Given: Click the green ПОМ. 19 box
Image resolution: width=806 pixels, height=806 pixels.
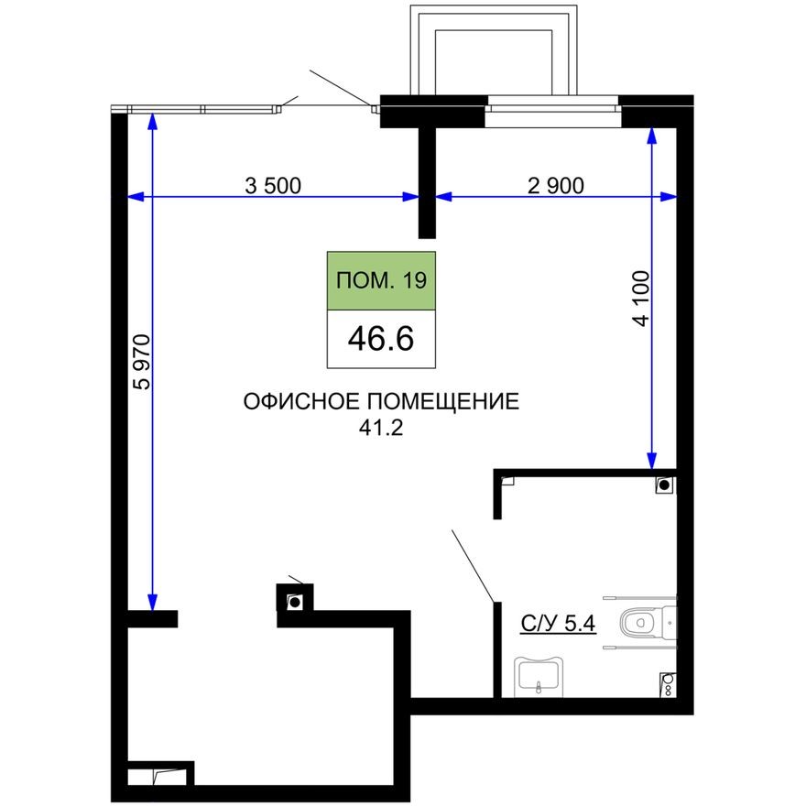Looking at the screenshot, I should pyautogui.click(x=381, y=281).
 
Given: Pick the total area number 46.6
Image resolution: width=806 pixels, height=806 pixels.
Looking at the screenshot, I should pyautogui.click(x=381, y=338).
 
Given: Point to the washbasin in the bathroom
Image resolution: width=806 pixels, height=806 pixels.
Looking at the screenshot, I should pyautogui.click(x=539, y=674).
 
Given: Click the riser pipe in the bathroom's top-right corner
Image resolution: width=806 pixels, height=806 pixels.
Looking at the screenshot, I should pyautogui.click(x=665, y=485).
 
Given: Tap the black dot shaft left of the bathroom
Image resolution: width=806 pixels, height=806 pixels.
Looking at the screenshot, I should pyautogui.click(x=295, y=601).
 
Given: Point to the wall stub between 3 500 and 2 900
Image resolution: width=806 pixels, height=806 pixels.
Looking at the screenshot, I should pyautogui.click(x=427, y=183).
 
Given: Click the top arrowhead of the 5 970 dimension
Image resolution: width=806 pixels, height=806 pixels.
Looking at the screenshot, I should pyautogui.click(x=151, y=121).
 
